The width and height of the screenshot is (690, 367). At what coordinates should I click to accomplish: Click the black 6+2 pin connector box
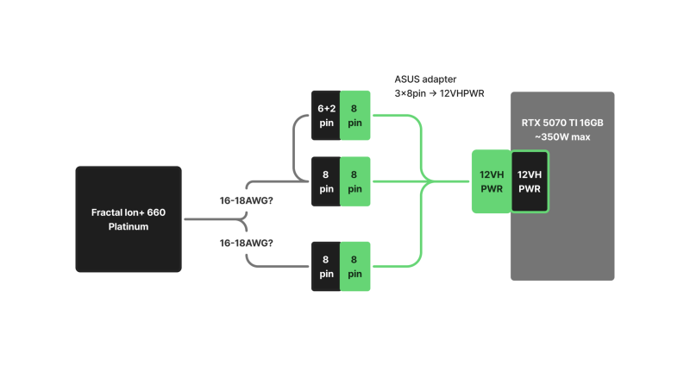(x=325, y=115)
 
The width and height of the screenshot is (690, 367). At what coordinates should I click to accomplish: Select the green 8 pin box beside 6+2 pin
(x=355, y=115)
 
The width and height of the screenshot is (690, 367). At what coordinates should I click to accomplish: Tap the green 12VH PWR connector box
(x=491, y=181)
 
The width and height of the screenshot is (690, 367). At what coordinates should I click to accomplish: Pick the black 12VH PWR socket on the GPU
(x=530, y=181)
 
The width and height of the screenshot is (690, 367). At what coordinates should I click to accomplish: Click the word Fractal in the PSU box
(x=110, y=212)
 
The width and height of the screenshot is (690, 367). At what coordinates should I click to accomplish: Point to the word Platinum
(x=128, y=226)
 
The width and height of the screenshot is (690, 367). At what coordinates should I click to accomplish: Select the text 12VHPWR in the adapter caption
(x=461, y=92)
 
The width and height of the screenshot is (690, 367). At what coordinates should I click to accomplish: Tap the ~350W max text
(x=562, y=138)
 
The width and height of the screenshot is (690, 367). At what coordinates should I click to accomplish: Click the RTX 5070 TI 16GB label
(x=562, y=123)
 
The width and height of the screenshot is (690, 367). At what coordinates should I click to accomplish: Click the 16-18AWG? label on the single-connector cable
(x=246, y=244)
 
